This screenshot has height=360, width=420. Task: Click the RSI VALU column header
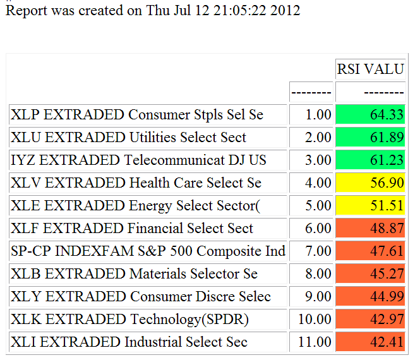(370, 69)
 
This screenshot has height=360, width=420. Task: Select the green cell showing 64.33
(370, 115)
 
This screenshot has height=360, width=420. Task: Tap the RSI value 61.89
(370, 138)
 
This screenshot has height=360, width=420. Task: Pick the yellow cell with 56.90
(370, 183)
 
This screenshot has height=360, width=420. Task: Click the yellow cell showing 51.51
(370, 206)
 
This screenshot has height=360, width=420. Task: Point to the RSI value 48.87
(370, 229)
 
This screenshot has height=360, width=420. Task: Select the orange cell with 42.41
(370, 342)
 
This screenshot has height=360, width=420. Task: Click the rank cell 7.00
(311, 251)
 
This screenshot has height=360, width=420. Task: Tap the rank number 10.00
(311, 320)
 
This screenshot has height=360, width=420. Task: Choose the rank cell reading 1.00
(311, 115)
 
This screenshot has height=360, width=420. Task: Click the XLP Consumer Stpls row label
(137, 115)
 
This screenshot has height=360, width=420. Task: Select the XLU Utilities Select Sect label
(129, 138)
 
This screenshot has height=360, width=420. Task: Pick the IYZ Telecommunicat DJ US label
(139, 160)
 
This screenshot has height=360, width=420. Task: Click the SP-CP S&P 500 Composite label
(148, 251)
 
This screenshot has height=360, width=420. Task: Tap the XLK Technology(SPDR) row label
(129, 320)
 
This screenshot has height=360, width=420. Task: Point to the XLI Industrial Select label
(129, 342)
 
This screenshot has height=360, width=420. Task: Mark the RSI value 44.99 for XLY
(370, 297)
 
